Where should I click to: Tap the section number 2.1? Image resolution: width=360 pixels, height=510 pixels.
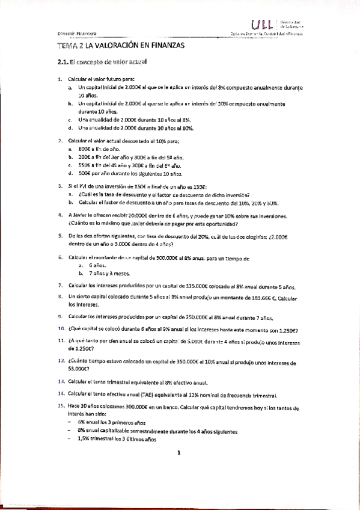tap(62, 61)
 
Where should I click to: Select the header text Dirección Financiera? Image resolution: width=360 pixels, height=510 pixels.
tap(79, 32)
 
